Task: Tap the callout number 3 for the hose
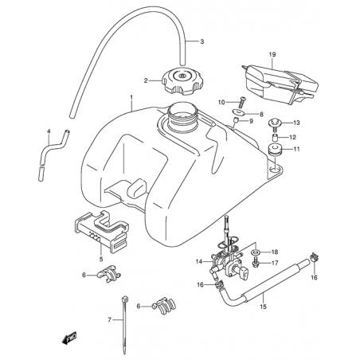click(202, 41)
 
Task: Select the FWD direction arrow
click(69, 338)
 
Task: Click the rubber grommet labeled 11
click(274, 150)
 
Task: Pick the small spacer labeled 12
click(274, 138)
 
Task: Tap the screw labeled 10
click(241, 102)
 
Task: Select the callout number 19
click(272, 55)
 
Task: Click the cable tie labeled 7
click(124, 324)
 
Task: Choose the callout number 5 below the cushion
click(101, 259)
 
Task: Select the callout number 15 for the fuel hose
click(263, 307)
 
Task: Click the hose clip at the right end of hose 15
click(315, 256)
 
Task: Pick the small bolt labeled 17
click(256, 262)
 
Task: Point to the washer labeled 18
click(256, 251)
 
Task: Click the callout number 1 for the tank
click(131, 97)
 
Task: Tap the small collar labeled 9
click(236, 121)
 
